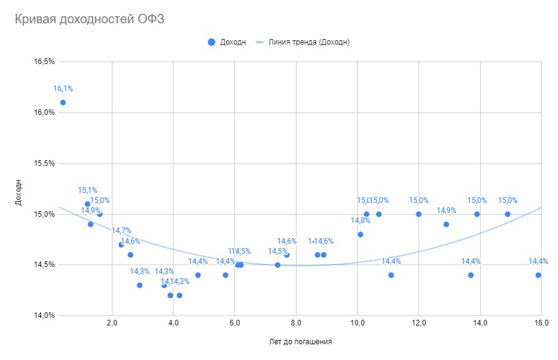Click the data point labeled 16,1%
coord(63,102)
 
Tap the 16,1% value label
coord(63,89)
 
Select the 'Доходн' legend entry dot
coord(211,42)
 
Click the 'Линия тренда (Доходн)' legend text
coord(309,42)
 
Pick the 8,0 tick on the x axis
coord(296,323)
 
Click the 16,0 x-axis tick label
coord(541,323)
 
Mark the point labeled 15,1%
coord(87,204)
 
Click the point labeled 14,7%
coord(121,244)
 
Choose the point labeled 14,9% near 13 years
coord(446,224)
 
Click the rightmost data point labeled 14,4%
coord(539,275)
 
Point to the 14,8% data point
coord(361,234)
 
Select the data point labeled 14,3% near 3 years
coord(139,285)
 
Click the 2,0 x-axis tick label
coord(112,323)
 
